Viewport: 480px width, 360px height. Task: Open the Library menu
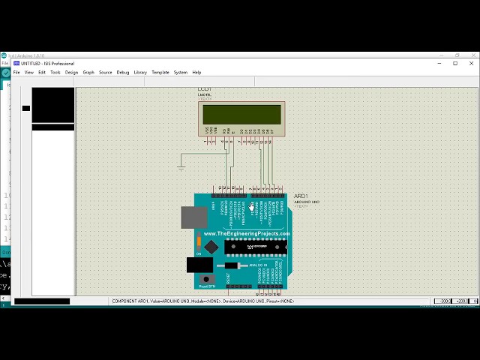tap(140, 73)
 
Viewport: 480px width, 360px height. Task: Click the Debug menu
tap(123, 73)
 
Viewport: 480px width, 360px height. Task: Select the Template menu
tap(160, 73)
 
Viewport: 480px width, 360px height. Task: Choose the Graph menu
tap(88, 73)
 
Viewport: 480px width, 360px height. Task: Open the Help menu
tap(196, 73)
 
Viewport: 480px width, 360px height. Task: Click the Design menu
tap(71, 73)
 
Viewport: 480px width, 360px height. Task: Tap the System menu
tap(181, 73)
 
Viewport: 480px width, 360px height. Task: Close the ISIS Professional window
tap(472, 64)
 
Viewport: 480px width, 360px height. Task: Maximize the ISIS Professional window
tap(455, 64)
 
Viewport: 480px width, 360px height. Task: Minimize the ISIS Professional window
tap(438, 64)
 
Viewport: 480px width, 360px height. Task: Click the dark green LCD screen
tap(241, 115)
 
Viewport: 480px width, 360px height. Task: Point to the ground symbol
tap(181, 166)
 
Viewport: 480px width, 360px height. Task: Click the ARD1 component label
tap(299, 196)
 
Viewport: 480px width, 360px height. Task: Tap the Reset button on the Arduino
tap(205, 279)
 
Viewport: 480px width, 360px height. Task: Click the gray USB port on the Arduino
tap(194, 217)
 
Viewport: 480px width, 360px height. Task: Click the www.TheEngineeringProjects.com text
tap(246, 233)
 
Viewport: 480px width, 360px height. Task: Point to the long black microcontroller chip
tap(256, 247)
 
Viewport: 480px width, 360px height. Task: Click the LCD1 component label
tap(205, 90)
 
